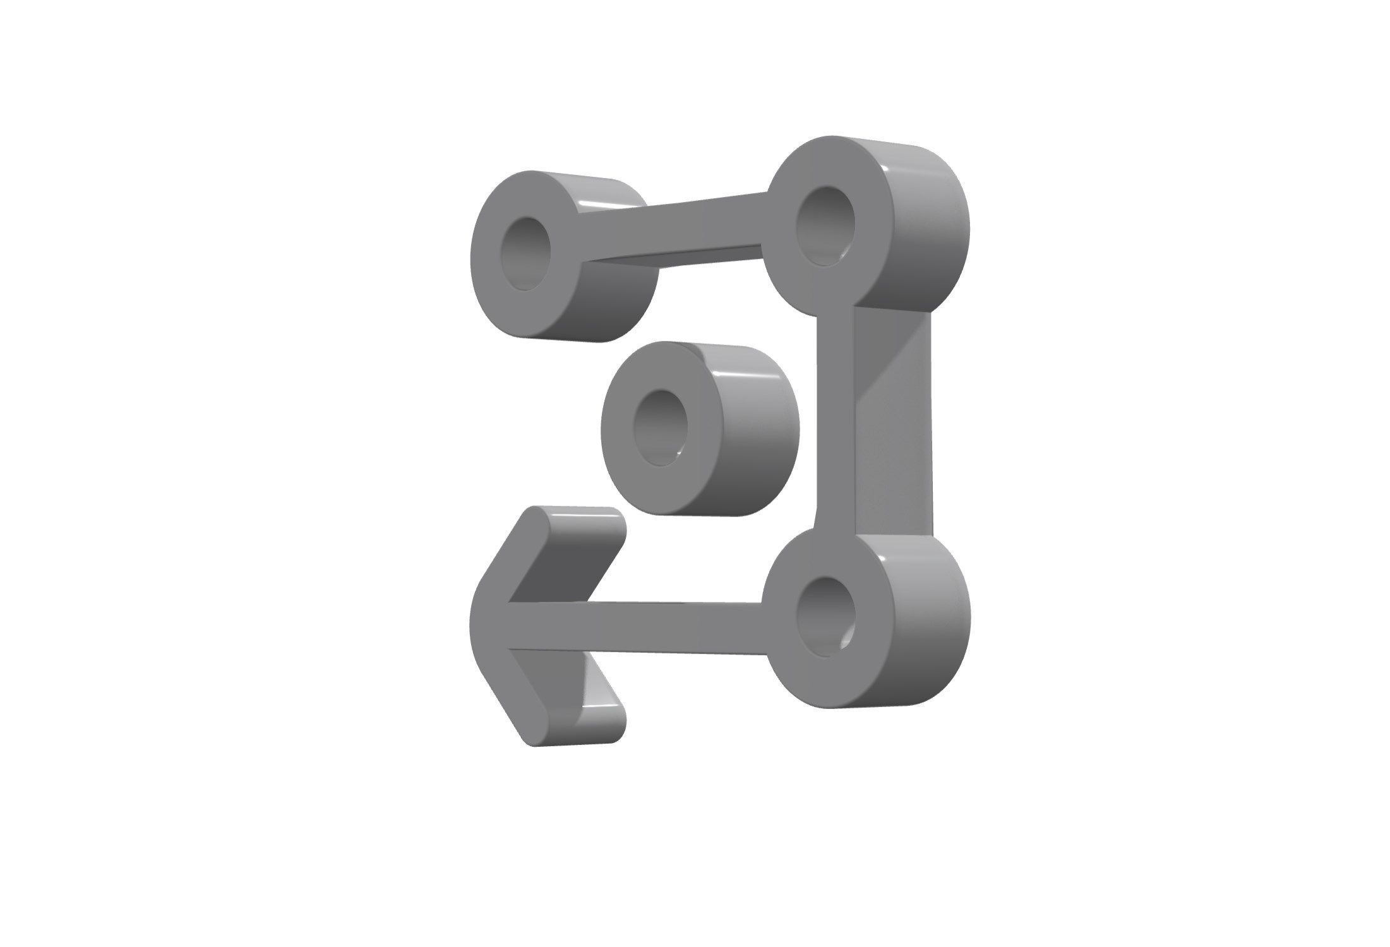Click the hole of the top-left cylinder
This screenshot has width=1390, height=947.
click(x=525, y=254)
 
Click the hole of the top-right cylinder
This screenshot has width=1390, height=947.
click(x=825, y=225)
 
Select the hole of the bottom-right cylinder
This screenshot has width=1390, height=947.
click(x=825, y=616)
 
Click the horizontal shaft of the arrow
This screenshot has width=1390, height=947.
click(x=638, y=626)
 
